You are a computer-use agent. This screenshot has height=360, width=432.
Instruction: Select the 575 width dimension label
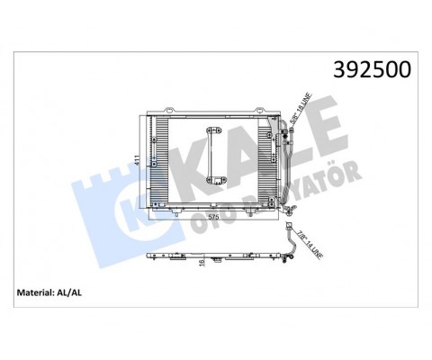[214, 217]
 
